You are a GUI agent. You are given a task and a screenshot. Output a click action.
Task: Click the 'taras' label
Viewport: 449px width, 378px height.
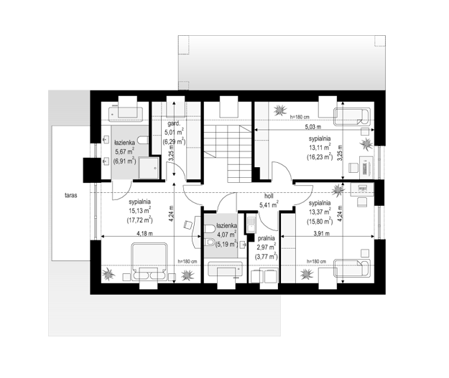click(x=70, y=196)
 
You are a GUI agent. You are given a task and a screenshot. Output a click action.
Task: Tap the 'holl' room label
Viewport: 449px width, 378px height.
click(x=269, y=197)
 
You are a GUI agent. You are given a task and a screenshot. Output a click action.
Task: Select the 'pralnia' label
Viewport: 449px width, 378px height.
click(x=267, y=238)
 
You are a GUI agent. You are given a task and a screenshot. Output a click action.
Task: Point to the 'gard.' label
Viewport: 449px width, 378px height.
click(x=174, y=124)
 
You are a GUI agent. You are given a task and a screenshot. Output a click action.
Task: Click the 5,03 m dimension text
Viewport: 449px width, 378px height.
click(x=313, y=126)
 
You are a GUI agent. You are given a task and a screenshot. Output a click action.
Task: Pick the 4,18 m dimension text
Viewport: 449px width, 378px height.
click(x=144, y=233)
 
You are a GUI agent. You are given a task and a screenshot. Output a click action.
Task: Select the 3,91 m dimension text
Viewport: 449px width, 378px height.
click(x=322, y=233)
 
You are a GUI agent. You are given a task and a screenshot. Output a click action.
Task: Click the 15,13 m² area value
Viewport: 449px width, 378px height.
click(x=140, y=211)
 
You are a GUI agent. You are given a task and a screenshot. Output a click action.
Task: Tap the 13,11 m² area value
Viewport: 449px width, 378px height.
click(x=320, y=147)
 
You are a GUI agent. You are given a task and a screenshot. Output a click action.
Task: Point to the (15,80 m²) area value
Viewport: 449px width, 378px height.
click(x=320, y=221)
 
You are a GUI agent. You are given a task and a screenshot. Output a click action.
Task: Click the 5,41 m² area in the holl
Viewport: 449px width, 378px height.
click(x=269, y=204)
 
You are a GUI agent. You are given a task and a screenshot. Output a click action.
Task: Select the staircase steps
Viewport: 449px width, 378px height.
click(x=228, y=153)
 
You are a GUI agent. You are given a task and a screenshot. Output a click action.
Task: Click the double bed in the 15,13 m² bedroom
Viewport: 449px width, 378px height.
click(x=149, y=262)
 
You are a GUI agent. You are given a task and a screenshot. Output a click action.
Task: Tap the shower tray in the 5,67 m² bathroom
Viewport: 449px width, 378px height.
click(x=149, y=168)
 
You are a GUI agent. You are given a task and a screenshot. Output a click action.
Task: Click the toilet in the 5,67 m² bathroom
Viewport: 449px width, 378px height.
click(x=143, y=140)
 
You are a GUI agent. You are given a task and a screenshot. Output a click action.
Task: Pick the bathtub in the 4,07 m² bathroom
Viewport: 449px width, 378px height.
click(x=226, y=269)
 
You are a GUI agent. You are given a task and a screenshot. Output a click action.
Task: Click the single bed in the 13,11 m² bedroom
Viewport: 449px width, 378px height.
click(x=352, y=117)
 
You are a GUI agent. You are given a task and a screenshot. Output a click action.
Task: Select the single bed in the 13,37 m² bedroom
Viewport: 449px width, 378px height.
click(x=352, y=268)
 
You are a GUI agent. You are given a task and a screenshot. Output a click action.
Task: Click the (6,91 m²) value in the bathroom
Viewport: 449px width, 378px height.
click(x=124, y=161)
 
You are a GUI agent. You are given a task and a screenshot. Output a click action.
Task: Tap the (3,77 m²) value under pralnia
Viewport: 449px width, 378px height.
click(x=267, y=256)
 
